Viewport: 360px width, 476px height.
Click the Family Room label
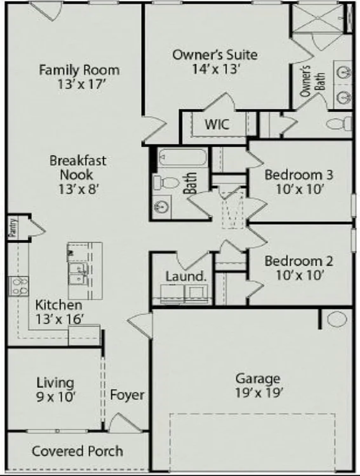pos(79,69)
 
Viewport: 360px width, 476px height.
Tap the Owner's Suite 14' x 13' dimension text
pos(216,69)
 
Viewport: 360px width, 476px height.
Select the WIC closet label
pos(217,124)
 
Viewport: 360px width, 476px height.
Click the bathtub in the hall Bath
pos(182,159)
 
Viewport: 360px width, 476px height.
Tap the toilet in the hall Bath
pos(166,182)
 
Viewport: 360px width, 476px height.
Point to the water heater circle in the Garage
pos(337,319)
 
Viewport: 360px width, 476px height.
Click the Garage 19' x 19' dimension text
pos(257,393)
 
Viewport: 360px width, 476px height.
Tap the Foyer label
pos(127,395)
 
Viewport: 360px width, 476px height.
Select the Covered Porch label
pos(77,451)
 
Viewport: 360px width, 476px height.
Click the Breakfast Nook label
pos(78,168)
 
